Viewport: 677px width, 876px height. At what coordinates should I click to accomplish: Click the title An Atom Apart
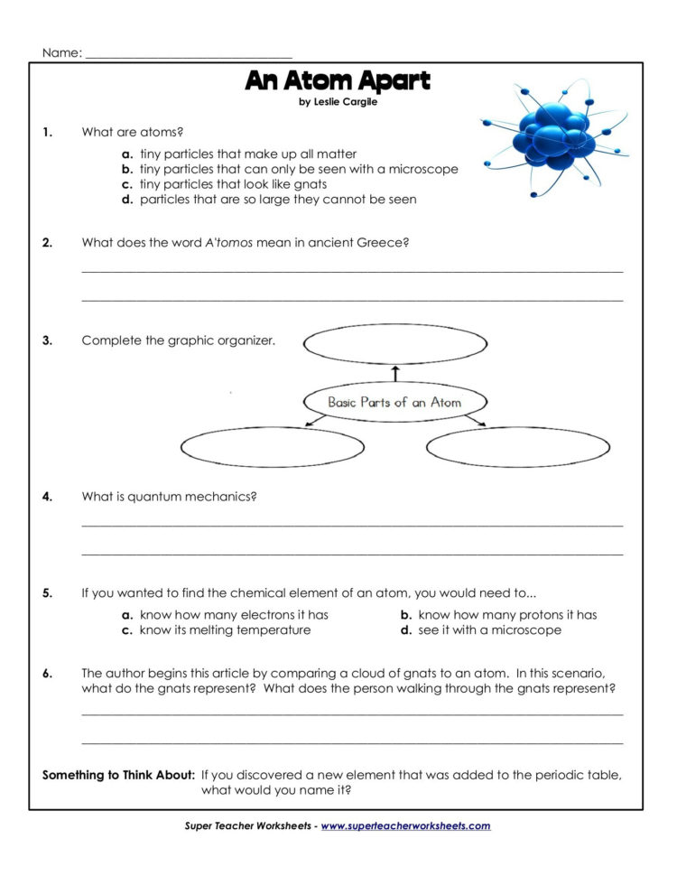click(x=338, y=81)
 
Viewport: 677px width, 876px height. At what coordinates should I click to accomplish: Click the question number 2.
click(x=47, y=242)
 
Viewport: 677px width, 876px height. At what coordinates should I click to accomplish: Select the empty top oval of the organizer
click(x=394, y=344)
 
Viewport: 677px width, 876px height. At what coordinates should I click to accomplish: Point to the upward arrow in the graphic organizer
click(x=394, y=373)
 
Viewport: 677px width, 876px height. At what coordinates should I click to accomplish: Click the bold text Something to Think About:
click(x=118, y=775)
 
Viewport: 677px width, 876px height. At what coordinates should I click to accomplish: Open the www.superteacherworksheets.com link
click(x=405, y=825)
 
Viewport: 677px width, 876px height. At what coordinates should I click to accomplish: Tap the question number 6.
click(x=47, y=673)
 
